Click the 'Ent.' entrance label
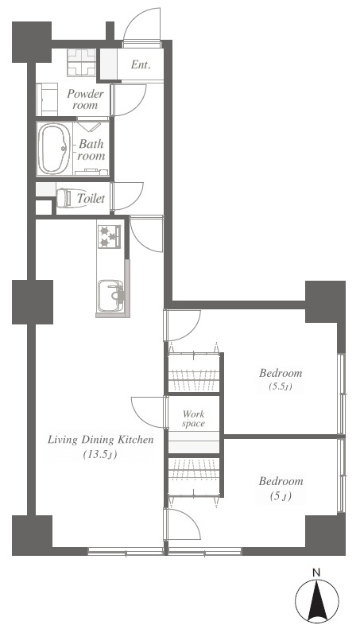141,64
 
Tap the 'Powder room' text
85,99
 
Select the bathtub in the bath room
55,149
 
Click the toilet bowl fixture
69,198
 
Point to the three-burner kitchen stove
110,237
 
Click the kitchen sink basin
111,296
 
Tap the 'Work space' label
193,418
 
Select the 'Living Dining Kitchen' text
101,439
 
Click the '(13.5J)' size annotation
100,455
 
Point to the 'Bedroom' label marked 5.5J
281,373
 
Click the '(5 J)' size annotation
281,496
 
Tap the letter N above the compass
317,573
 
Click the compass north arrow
317,600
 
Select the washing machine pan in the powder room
82,62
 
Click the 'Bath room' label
91,149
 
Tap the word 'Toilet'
91,198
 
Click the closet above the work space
194,373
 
